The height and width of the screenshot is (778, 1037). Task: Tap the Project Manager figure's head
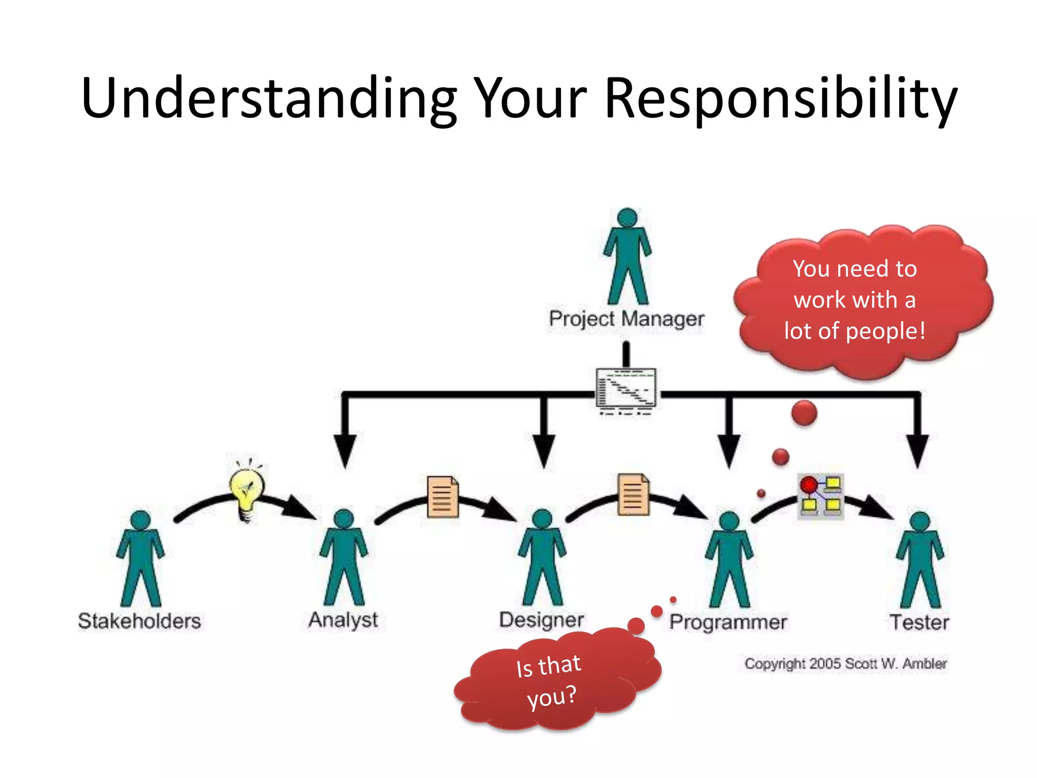click(x=627, y=218)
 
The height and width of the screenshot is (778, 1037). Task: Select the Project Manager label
click(x=626, y=319)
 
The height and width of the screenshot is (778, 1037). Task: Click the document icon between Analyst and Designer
click(x=443, y=496)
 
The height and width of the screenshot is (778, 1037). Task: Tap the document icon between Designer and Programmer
click(x=633, y=494)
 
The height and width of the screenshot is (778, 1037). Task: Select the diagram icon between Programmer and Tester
click(x=821, y=496)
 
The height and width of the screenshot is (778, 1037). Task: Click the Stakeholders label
click(x=139, y=621)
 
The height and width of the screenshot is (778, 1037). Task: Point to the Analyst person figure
click(x=344, y=557)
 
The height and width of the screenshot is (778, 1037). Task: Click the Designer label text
click(x=541, y=620)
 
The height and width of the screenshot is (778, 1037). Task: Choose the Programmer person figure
click(x=729, y=560)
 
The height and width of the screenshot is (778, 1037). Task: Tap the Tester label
click(x=919, y=622)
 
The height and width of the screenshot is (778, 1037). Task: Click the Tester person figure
click(x=920, y=560)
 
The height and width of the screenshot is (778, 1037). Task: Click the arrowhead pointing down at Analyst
click(x=345, y=451)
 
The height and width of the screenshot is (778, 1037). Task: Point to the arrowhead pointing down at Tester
click(x=918, y=451)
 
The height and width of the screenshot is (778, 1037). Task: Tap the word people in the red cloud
click(x=884, y=331)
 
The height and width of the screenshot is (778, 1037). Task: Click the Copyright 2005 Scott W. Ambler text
click(x=845, y=664)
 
